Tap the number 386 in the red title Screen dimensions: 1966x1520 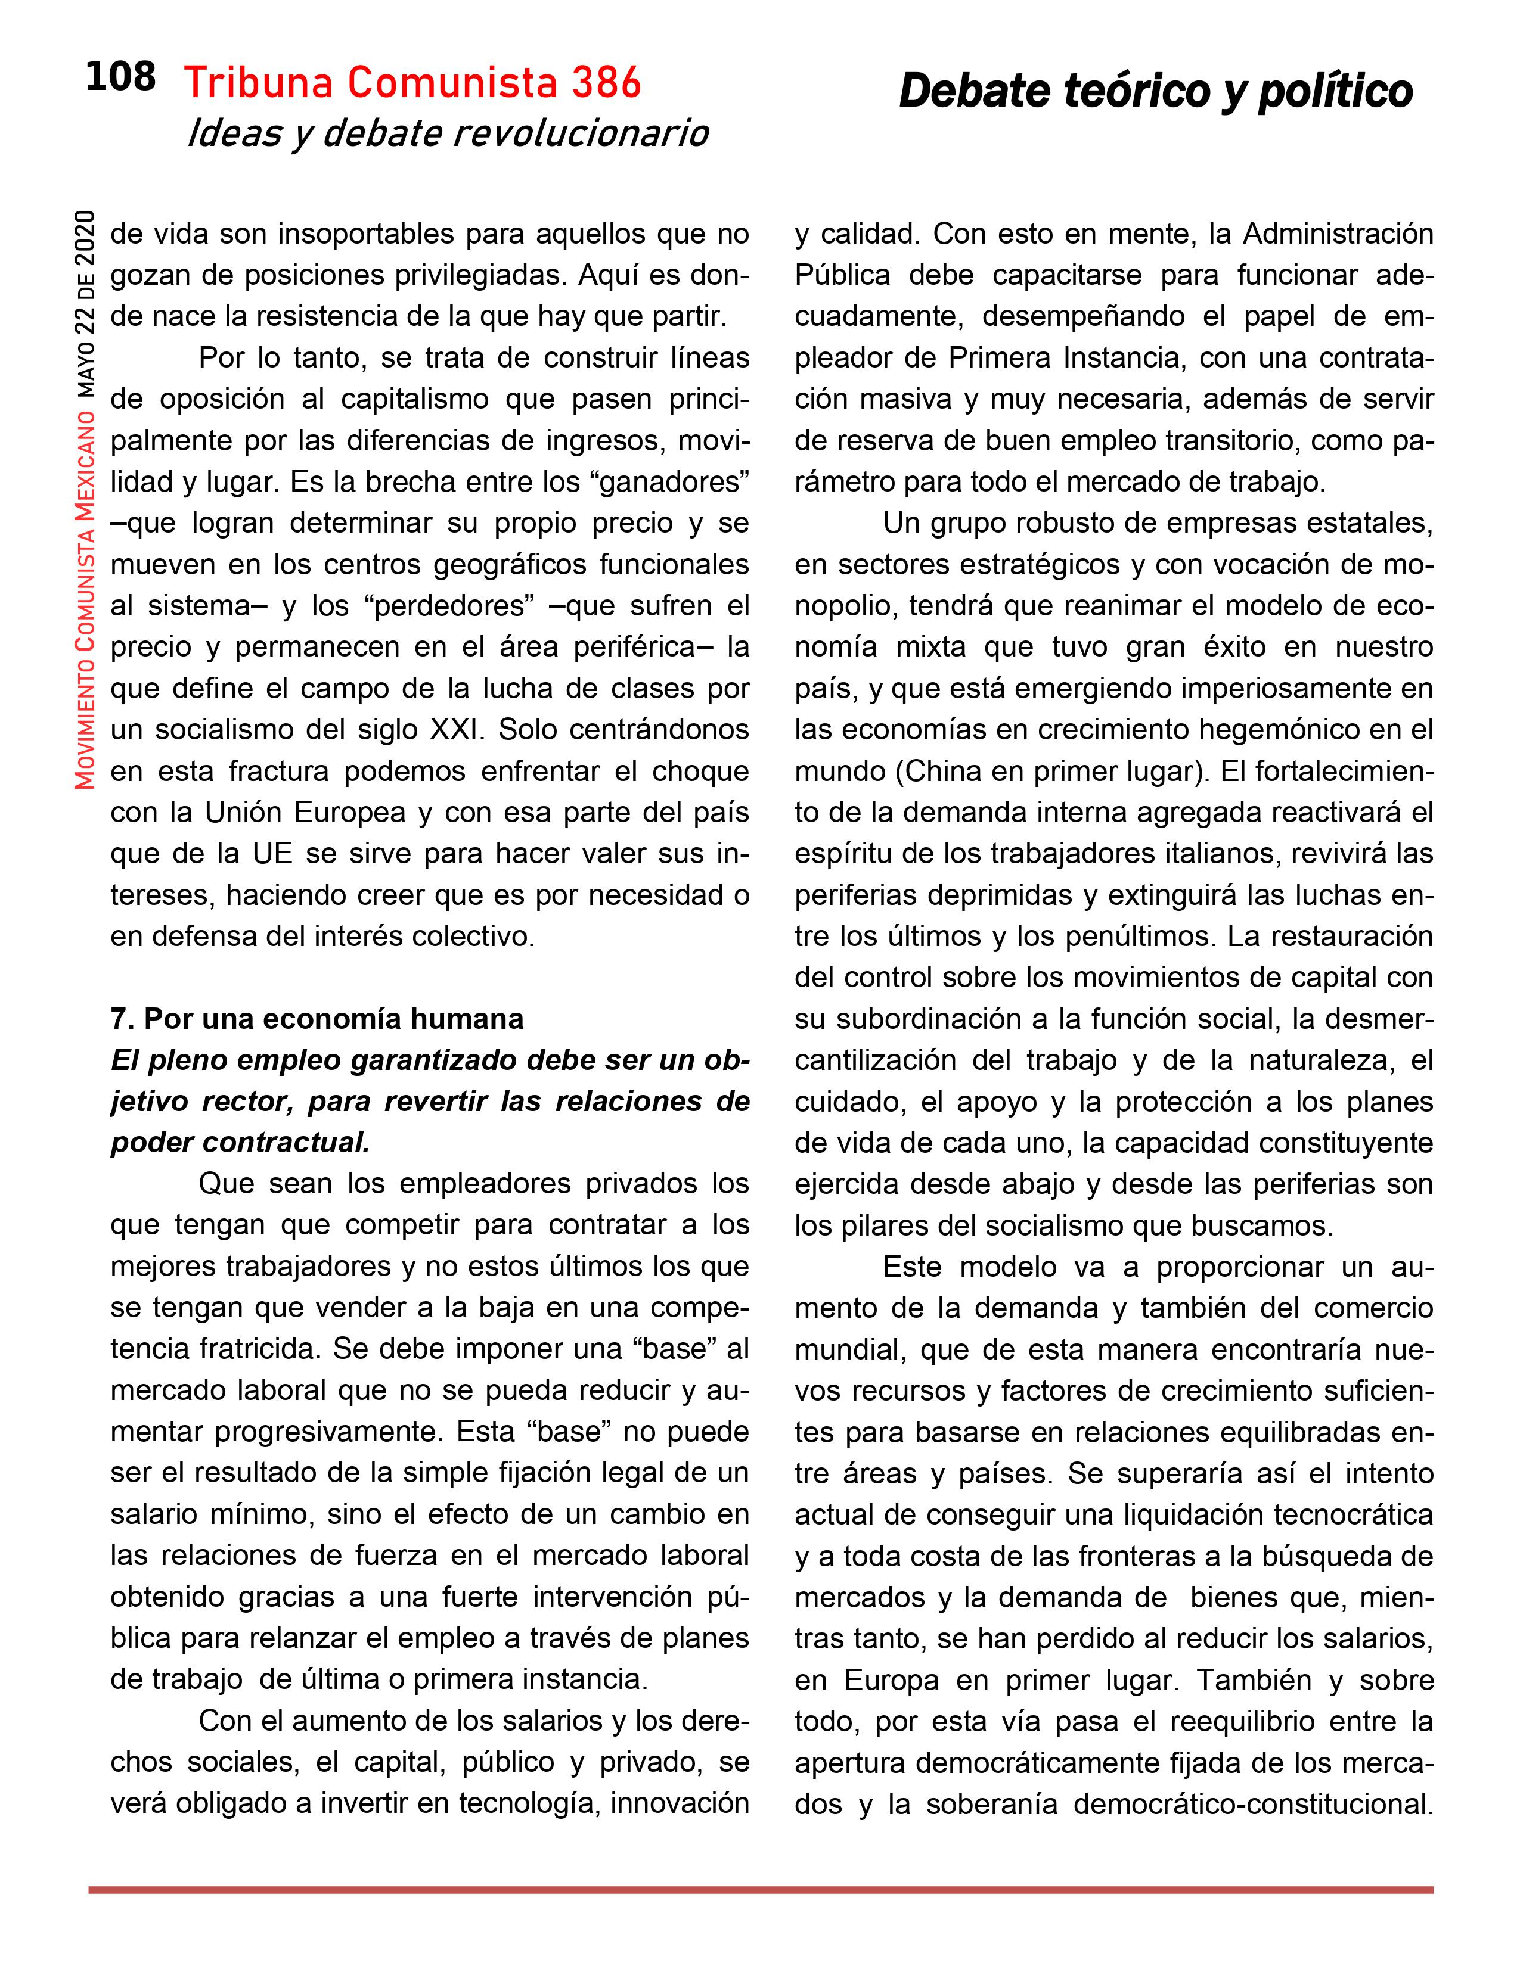605,84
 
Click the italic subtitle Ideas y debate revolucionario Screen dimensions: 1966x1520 448,133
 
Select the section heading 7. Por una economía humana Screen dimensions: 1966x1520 317,1019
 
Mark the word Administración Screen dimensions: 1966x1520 1338,233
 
